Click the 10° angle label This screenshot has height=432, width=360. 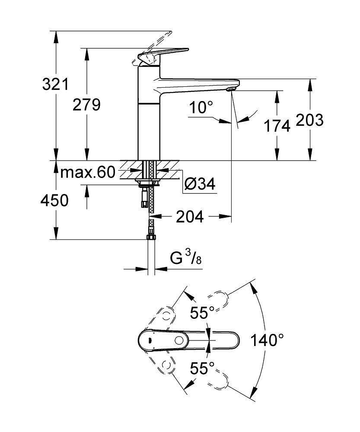point(201,107)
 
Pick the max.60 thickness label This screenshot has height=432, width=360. point(88,173)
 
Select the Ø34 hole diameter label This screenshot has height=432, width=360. point(199,184)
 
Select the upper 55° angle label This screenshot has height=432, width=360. point(202,313)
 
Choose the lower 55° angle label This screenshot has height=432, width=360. point(203,368)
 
